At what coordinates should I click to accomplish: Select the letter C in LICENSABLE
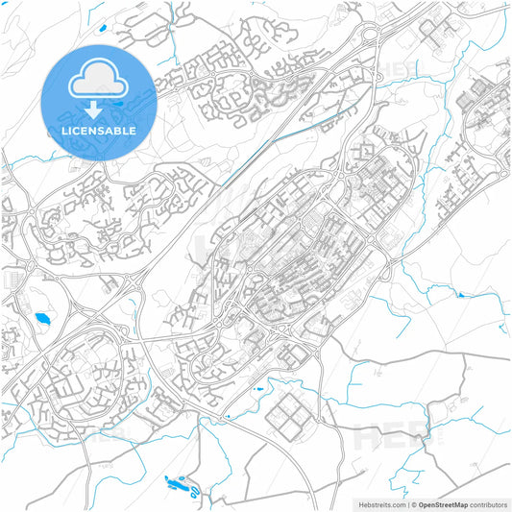pos(80,131)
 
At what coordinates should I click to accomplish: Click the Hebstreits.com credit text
pos(382,503)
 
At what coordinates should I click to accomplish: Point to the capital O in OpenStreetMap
pos(422,503)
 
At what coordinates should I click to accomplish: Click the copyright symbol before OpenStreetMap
pos(413,503)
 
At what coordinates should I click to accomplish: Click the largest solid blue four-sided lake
pos(42,319)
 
